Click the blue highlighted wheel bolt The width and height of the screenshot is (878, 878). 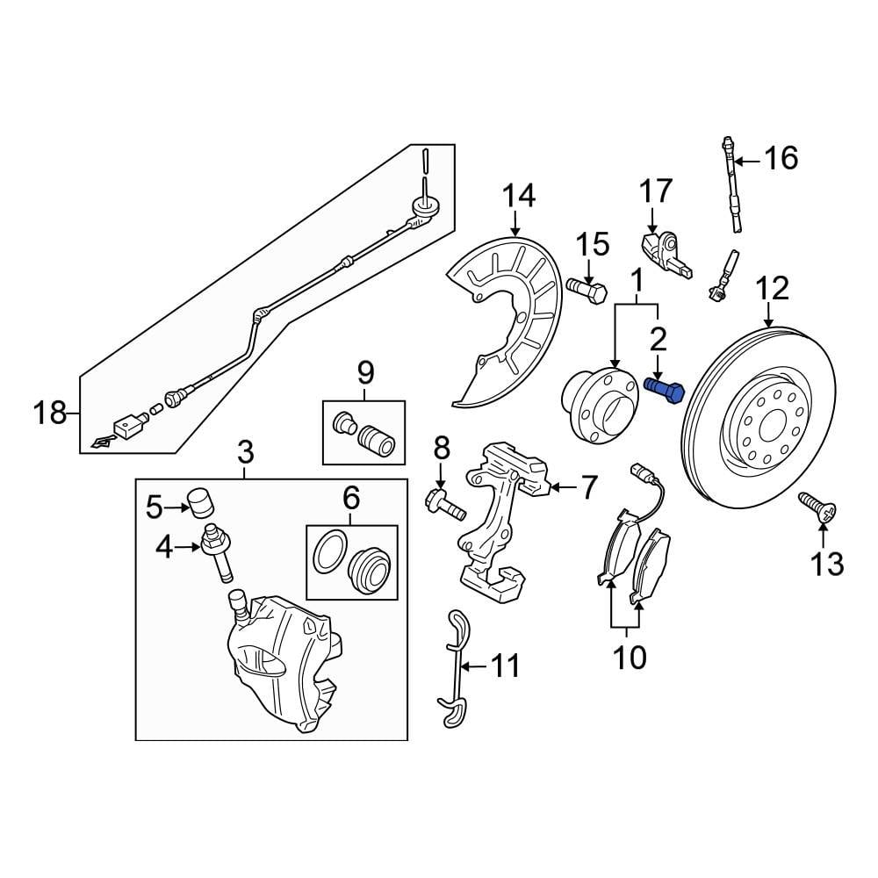664,389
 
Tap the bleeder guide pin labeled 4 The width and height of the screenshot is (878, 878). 218,551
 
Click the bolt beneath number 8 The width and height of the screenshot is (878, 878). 443,506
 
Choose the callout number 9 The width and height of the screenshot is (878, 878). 365,372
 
